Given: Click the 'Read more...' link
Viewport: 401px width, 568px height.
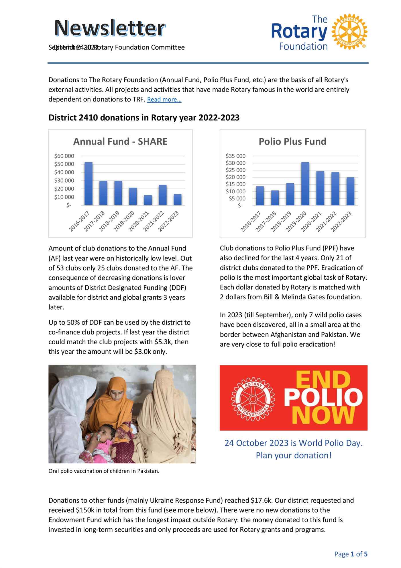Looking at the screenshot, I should [x=164, y=100].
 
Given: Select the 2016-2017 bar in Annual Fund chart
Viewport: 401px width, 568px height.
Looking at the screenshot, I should [x=89, y=184].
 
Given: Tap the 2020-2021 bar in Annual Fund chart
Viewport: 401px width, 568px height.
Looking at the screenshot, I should [x=148, y=200].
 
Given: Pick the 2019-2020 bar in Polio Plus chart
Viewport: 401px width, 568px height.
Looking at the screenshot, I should [x=305, y=184].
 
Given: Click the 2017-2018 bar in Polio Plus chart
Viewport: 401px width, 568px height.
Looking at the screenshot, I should [x=275, y=198].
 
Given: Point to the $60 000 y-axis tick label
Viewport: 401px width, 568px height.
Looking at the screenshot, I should [x=64, y=156].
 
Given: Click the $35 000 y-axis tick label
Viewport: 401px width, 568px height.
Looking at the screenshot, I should [x=235, y=156].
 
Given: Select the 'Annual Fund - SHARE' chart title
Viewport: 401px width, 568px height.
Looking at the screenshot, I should [x=120, y=141].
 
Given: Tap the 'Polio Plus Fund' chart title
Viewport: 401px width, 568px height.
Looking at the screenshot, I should [x=292, y=141].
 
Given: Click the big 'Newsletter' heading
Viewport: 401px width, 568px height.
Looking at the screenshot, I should [x=109, y=28].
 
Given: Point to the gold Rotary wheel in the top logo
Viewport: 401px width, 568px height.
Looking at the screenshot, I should [x=349, y=32].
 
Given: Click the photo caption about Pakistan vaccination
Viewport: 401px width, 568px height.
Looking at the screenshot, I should [x=104, y=471].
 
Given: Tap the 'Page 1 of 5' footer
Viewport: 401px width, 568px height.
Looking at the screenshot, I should [x=351, y=554].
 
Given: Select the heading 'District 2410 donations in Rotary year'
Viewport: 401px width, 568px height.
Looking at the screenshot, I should [x=144, y=118].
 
